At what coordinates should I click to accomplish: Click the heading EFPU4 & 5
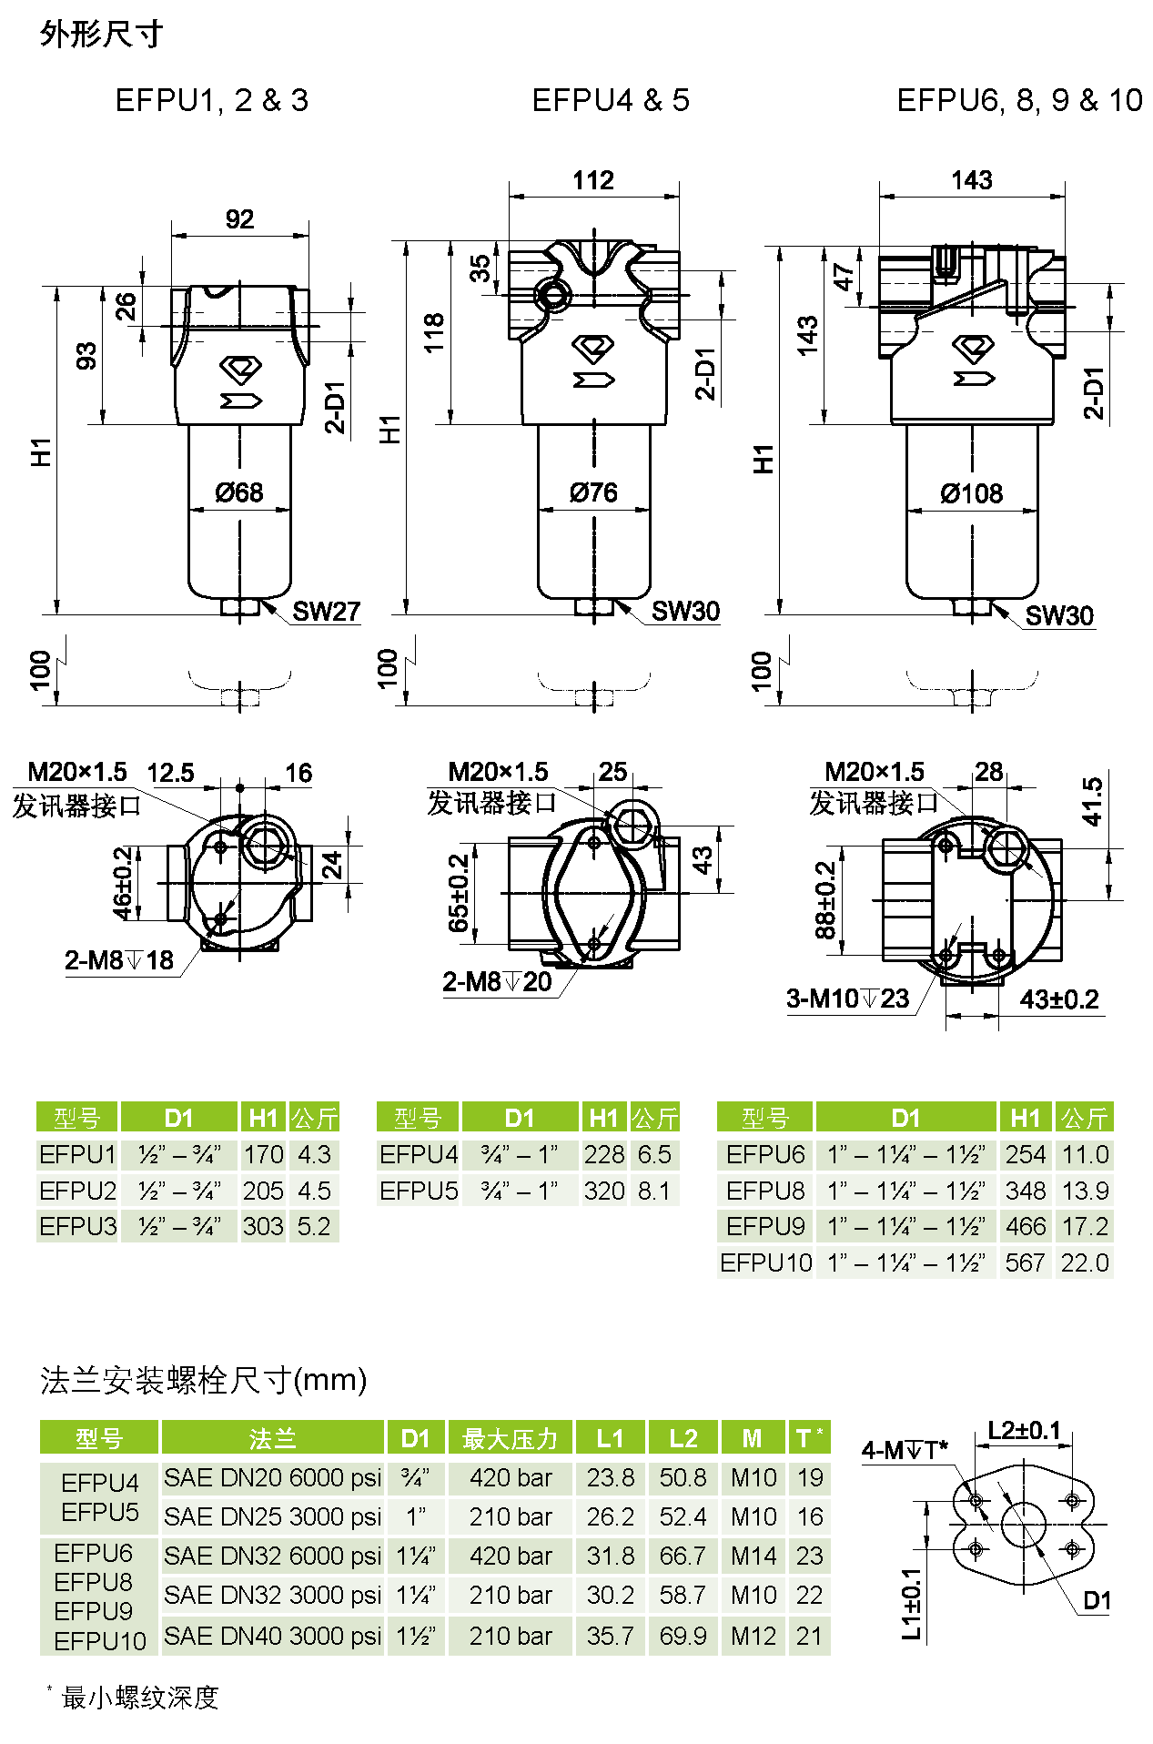pyautogui.click(x=611, y=100)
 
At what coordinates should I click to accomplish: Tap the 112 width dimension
pyautogui.click(x=593, y=180)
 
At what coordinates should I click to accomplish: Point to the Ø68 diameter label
pyautogui.click(x=239, y=492)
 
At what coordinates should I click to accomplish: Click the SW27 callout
pyautogui.click(x=327, y=611)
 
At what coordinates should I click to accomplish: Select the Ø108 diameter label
pyautogui.click(x=972, y=493)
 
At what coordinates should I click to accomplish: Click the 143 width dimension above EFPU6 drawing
pyautogui.click(x=972, y=180)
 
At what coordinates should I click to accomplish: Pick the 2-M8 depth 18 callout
pyautogui.click(x=119, y=960)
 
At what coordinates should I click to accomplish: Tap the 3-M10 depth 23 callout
pyautogui.click(x=848, y=999)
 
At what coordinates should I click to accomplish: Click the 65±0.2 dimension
pyautogui.click(x=459, y=893)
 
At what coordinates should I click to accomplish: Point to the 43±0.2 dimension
pyautogui.click(x=1059, y=999)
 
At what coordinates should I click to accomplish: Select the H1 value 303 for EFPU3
pyautogui.click(x=263, y=1226)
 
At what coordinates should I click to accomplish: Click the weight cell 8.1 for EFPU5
pyautogui.click(x=654, y=1191)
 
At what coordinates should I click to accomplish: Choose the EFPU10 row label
pyautogui.click(x=766, y=1262)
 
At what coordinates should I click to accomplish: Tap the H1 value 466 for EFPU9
pyautogui.click(x=1026, y=1226)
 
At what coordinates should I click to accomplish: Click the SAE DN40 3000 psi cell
pyautogui.click(x=273, y=1636)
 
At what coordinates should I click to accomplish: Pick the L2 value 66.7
pyautogui.click(x=683, y=1556)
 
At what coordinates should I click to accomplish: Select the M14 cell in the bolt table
pyautogui.click(x=753, y=1556)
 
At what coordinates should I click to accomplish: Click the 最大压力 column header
pyautogui.click(x=510, y=1438)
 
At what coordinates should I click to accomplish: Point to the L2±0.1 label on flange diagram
pyautogui.click(x=1025, y=1430)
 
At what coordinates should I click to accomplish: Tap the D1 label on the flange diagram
pyautogui.click(x=1097, y=1601)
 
